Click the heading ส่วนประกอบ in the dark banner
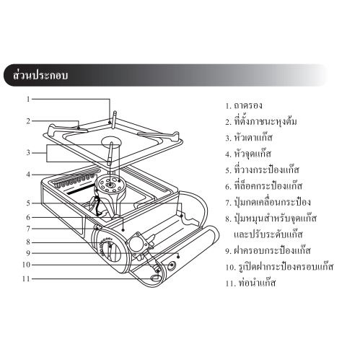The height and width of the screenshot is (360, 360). (40, 75)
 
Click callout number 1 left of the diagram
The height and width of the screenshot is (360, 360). (28, 99)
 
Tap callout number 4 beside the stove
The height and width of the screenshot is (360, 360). (28, 175)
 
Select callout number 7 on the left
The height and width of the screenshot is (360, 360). (28, 229)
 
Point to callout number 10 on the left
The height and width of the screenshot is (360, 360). (27, 265)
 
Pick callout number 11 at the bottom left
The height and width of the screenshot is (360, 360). (27, 279)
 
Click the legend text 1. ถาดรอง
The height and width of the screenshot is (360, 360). (244, 105)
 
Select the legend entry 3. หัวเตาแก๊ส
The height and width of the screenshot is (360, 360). (249, 138)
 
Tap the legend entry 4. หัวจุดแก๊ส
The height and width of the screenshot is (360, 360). (248, 154)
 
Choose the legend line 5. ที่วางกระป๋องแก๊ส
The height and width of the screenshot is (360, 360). (263, 170)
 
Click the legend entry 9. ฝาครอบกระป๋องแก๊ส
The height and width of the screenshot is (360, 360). (268, 250)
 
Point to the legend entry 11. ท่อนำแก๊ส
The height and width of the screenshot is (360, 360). (250, 283)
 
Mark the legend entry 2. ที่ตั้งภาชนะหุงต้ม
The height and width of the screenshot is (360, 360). (261, 121)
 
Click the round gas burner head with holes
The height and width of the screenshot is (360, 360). (110, 185)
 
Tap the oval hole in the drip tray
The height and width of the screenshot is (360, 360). (111, 142)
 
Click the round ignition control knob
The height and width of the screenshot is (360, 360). (110, 250)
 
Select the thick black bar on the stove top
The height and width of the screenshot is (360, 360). (81, 189)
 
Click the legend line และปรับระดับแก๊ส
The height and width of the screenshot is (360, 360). (268, 234)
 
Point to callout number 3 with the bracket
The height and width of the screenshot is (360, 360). (28, 153)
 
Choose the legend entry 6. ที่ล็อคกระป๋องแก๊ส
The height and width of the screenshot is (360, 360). (264, 186)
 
